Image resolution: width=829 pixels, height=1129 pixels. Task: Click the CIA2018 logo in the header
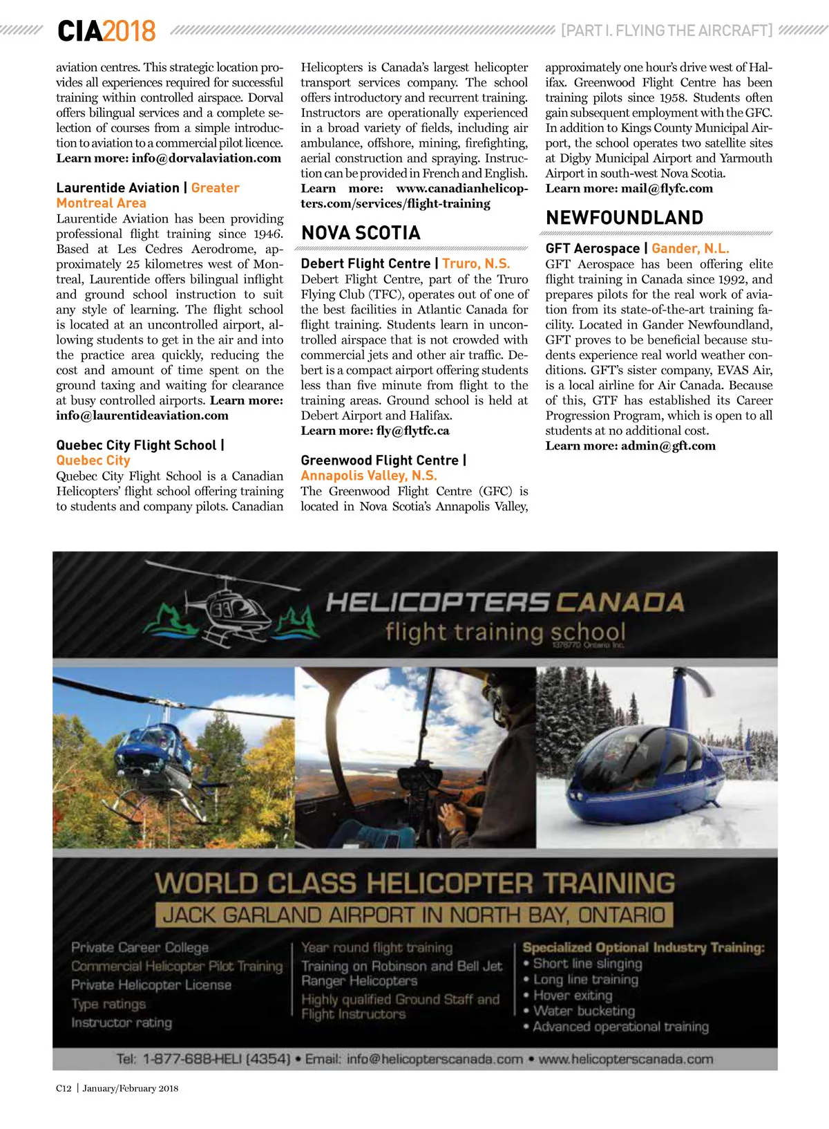click(106, 31)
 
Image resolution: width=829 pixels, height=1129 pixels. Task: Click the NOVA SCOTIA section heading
click(361, 233)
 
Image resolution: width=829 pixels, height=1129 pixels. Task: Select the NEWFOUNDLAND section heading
click(624, 218)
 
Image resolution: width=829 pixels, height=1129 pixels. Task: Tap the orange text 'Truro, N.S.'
click(476, 263)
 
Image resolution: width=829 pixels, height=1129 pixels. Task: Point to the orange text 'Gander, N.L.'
click(690, 248)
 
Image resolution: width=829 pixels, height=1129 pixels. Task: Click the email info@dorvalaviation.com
click(206, 158)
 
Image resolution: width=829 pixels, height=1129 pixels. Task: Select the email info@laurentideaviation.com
click(142, 416)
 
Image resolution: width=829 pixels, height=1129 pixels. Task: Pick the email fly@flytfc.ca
click(412, 431)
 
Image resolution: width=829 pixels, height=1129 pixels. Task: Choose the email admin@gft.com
click(668, 446)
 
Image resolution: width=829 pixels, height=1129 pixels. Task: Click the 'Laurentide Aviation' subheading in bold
click(117, 188)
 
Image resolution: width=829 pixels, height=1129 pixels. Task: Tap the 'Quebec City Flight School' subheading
click(136, 445)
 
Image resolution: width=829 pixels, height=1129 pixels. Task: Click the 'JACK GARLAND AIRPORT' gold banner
click(414, 915)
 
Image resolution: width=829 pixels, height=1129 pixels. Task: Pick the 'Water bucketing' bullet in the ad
click(584, 1011)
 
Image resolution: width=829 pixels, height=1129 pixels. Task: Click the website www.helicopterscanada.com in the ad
click(625, 1059)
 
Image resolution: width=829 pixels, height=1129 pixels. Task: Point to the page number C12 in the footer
click(64, 1088)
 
